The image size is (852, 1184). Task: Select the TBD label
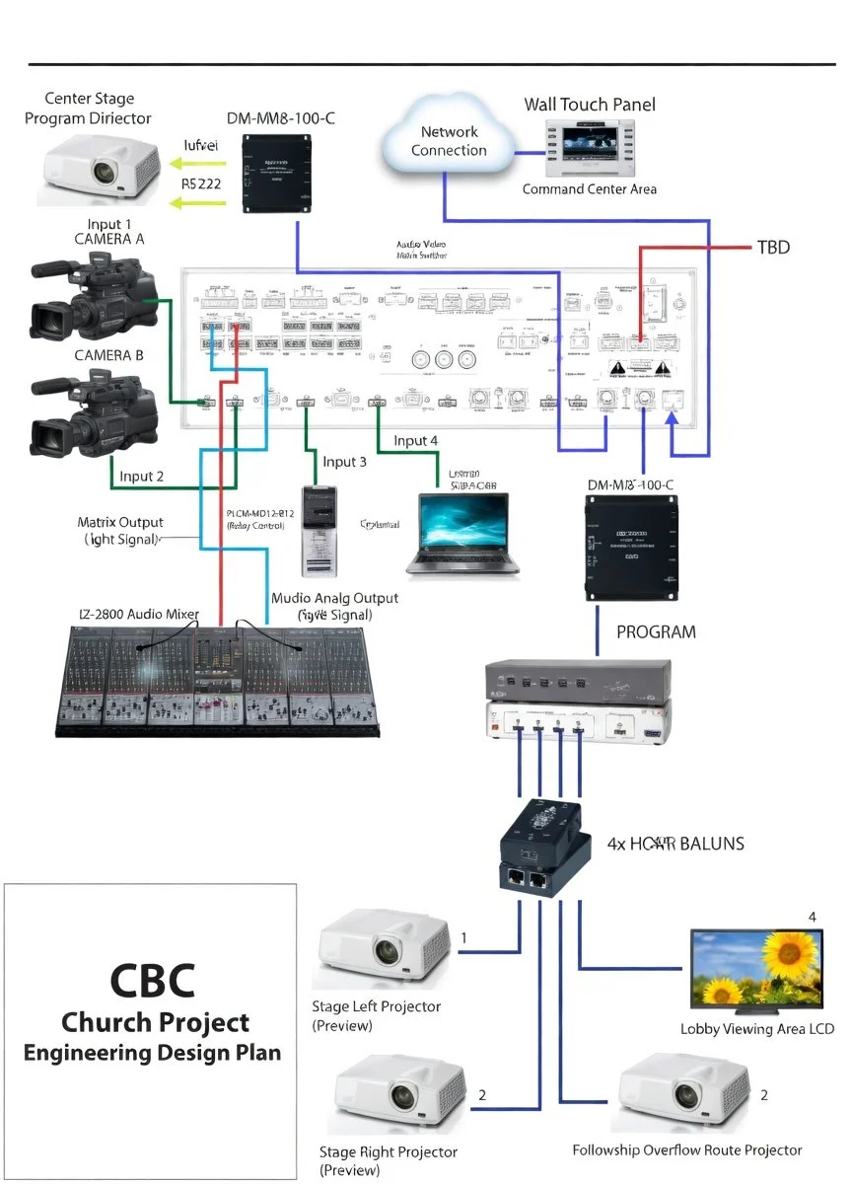coord(773,247)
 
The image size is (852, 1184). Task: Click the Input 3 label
coord(344,462)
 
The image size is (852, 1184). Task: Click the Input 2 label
coord(141,477)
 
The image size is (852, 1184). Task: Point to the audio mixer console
coord(215,681)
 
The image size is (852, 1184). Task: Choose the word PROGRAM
coord(656,631)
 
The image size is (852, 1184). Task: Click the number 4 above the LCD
coord(813,917)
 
